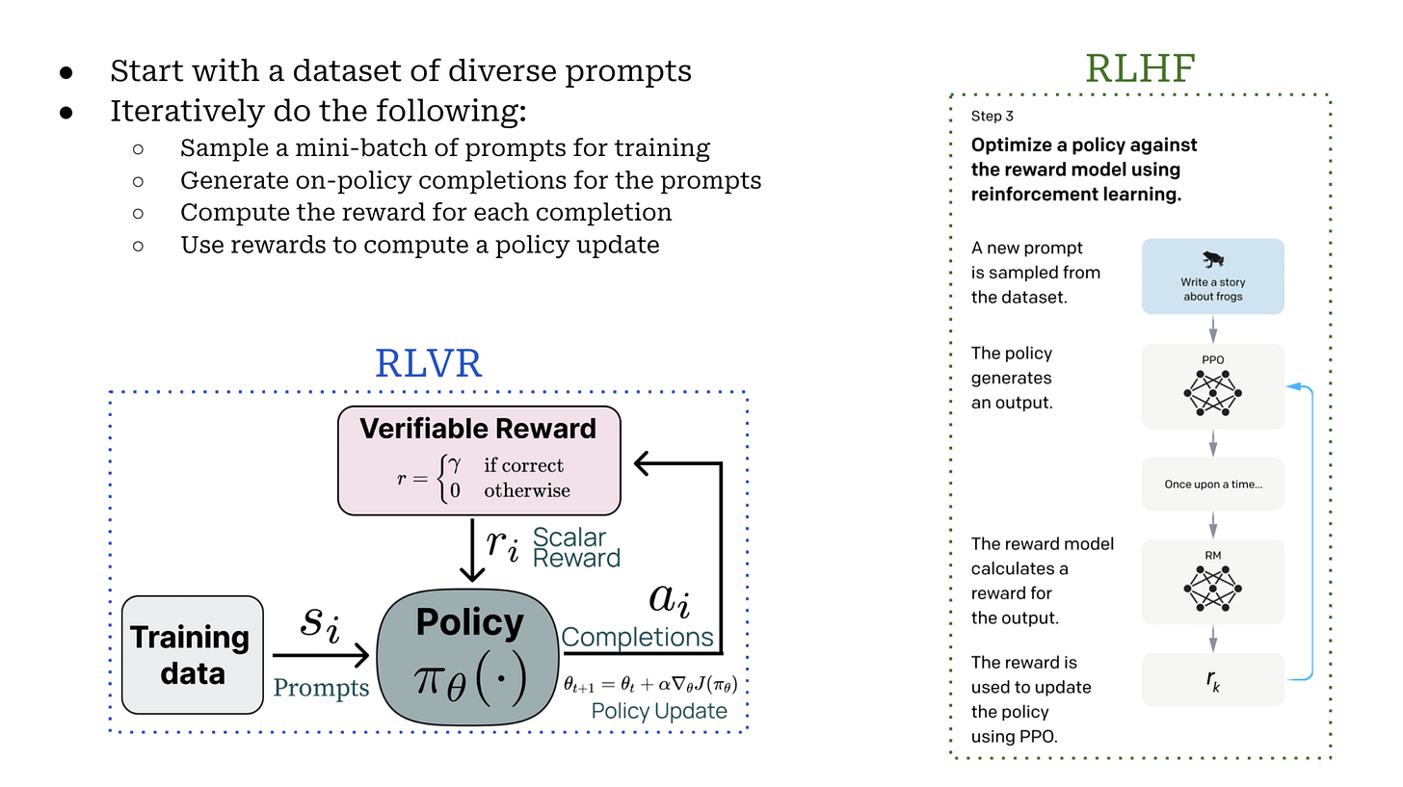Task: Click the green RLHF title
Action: tap(1141, 68)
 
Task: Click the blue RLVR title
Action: tap(428, 364)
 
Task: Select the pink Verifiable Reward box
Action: tap(479, 460)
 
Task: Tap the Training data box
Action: tap(192, 654)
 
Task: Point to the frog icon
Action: tap(1213, 260)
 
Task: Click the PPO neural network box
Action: tap(1212, 386)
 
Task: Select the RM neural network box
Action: tap(1212, 581)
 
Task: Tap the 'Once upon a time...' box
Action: tap(1212, 484)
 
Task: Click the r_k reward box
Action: tap(1212, 680)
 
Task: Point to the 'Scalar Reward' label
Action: tap(576, 547)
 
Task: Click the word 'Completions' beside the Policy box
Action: tap(637, 637)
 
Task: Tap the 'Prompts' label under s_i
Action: tap(321, 687)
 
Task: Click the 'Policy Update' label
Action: tap(659, 711)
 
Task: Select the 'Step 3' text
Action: tap(993, 117)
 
